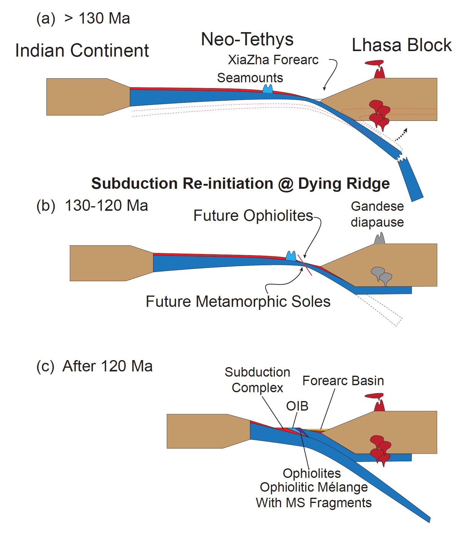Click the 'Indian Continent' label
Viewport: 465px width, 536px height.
82,50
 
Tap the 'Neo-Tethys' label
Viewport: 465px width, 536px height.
247,39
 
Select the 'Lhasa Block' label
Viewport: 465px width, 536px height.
401,45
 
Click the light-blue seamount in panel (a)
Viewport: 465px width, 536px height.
268,89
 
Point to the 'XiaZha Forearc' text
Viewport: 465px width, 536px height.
273,60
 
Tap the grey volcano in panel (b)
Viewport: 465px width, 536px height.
379,238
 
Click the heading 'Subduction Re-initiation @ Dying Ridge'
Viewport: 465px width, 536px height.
240,184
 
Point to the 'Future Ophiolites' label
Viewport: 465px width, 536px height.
253,216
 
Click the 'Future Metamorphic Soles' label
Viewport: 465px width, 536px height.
238,301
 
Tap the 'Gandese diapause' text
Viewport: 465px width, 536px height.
377,214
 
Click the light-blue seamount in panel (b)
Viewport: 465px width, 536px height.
291,256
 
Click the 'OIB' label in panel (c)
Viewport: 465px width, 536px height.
297,406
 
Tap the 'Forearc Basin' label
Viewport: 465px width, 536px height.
343,381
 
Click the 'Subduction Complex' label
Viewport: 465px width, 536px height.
257,380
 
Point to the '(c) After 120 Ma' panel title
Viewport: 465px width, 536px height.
94,366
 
